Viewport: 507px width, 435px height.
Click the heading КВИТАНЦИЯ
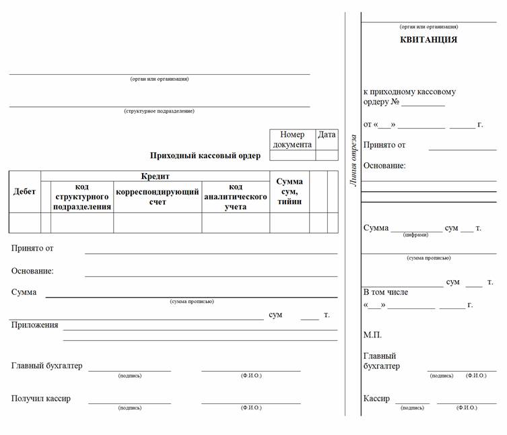click(x=428, y=40)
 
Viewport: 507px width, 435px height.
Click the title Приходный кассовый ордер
click(x=205, y=156)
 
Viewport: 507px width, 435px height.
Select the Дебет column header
click(x=24, y=191)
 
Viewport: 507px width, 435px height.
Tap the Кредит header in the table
click(x=155, y=176)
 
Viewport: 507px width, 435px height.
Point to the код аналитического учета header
click(x=236, y=197)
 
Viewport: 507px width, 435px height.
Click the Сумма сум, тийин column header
click(x=290, y=191)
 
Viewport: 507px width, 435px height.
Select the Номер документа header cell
click(x=292, y=139)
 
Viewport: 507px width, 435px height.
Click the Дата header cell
click(x=327, y=135)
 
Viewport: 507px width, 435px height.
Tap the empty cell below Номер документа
click(x=292, y=156)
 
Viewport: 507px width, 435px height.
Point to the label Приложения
click(x=34, y=325)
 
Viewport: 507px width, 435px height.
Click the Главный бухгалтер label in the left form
click(x=46, y=366)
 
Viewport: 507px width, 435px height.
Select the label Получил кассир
click(x=40, y=399)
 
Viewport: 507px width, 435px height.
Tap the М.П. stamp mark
click(x=372, y=335)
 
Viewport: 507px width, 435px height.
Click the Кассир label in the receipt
click(x=376, y=399)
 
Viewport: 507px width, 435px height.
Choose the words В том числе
click(x=385, y=292)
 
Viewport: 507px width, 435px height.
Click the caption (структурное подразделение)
click(x=159, y=111)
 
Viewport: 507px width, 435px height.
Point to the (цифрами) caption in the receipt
click(x=415, y=235)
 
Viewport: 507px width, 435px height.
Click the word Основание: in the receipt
click(x=384, y=166)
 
